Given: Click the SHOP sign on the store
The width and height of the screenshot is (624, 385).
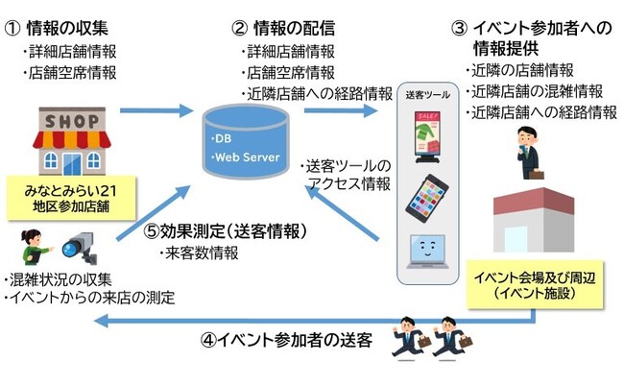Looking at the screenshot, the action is pos(72,121).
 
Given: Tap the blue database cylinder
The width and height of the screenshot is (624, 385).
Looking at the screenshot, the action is pos(246,141).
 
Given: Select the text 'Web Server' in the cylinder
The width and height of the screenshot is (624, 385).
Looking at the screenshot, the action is pos(248,157).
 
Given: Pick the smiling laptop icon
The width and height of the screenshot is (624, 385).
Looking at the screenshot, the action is pos(427,252).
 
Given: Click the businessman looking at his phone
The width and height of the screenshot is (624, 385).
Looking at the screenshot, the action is pos(529,153).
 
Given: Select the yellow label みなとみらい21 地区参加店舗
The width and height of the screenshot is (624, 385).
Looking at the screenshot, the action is pos(71,199).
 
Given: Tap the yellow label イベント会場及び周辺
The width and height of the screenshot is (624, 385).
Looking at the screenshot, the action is pos(535,284).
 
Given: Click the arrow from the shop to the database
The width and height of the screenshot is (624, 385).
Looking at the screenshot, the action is pos(156,110).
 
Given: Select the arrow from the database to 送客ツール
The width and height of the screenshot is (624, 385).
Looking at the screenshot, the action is pos(340,110).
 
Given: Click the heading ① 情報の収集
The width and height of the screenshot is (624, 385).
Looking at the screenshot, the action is pos(57,29).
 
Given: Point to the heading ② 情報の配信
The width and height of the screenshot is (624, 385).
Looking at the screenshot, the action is pos(283,29).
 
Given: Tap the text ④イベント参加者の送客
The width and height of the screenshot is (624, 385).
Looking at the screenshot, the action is pos(286,340).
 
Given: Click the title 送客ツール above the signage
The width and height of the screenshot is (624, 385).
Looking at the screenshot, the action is pos(428,95).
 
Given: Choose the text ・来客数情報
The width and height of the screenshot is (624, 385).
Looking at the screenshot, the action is pos(199,253).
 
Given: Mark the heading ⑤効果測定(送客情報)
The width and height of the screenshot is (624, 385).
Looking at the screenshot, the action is pos(226,231).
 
